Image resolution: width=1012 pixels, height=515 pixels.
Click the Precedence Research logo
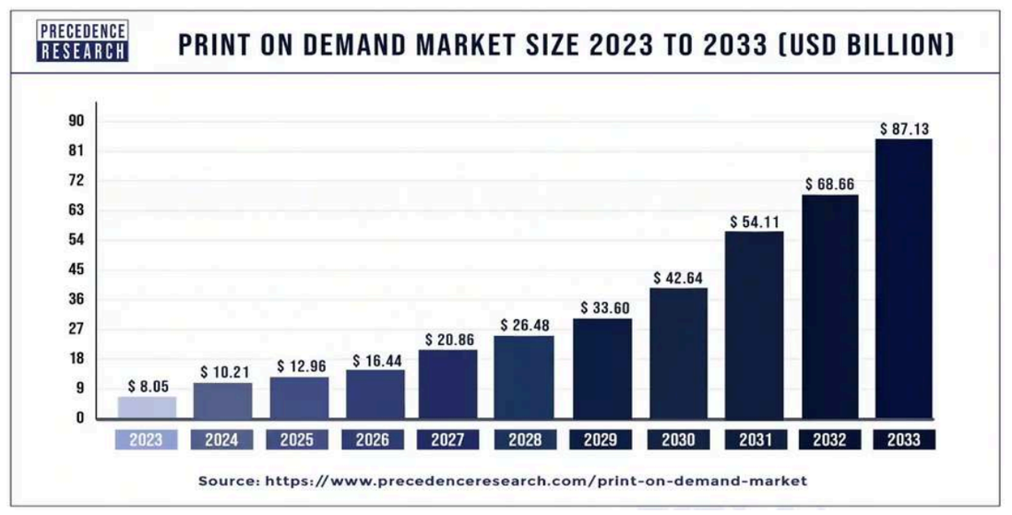pyautogui.click(x=83, y=41)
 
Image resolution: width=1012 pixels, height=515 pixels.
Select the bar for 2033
pyautogui.click(x=903, y=279)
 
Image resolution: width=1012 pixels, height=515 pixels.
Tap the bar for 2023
pyautogui.click(x=148, y=408)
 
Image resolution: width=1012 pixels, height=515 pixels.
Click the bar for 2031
pyautogui.click(x=754, y=325)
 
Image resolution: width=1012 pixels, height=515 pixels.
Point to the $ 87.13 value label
pyautogui.click(x=904, y=128)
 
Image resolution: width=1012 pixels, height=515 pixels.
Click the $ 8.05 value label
pyautogui.click(x=149, y=387)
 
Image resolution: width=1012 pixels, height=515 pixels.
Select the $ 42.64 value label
pyautogui.click(x=678, y=278)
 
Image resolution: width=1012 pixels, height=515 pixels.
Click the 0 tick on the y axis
pyautogui.click(x=80, y=417)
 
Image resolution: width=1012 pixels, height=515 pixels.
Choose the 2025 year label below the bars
pyautogui.click(x=296, y=440)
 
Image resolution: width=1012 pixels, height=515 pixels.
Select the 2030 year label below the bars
pyautogui.click(x=678, y=440)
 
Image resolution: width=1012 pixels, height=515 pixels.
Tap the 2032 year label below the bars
pyautogui.click(x=829, y=440)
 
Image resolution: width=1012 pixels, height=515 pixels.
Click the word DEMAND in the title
pyautogui.click(x=342, y=44)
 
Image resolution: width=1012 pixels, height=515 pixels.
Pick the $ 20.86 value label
pyautogui.click(x=450, y=340)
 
